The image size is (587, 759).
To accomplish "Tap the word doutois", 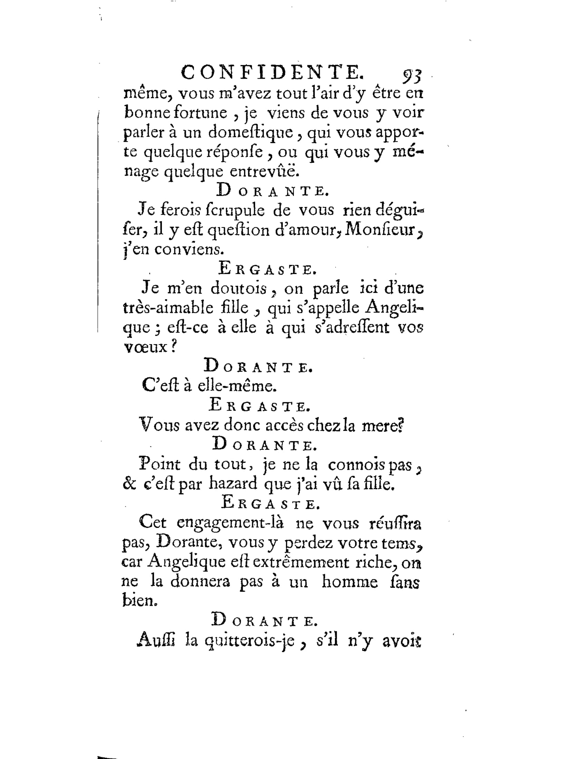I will pyautogui.click(x=239, y=288).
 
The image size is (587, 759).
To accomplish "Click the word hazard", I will pyautogui.click(x=233, y=483).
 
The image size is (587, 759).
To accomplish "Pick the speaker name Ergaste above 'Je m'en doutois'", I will pyautogui.click(x=267, y=269).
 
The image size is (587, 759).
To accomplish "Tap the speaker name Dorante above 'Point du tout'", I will pyautogui.click(x=264, y=444).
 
